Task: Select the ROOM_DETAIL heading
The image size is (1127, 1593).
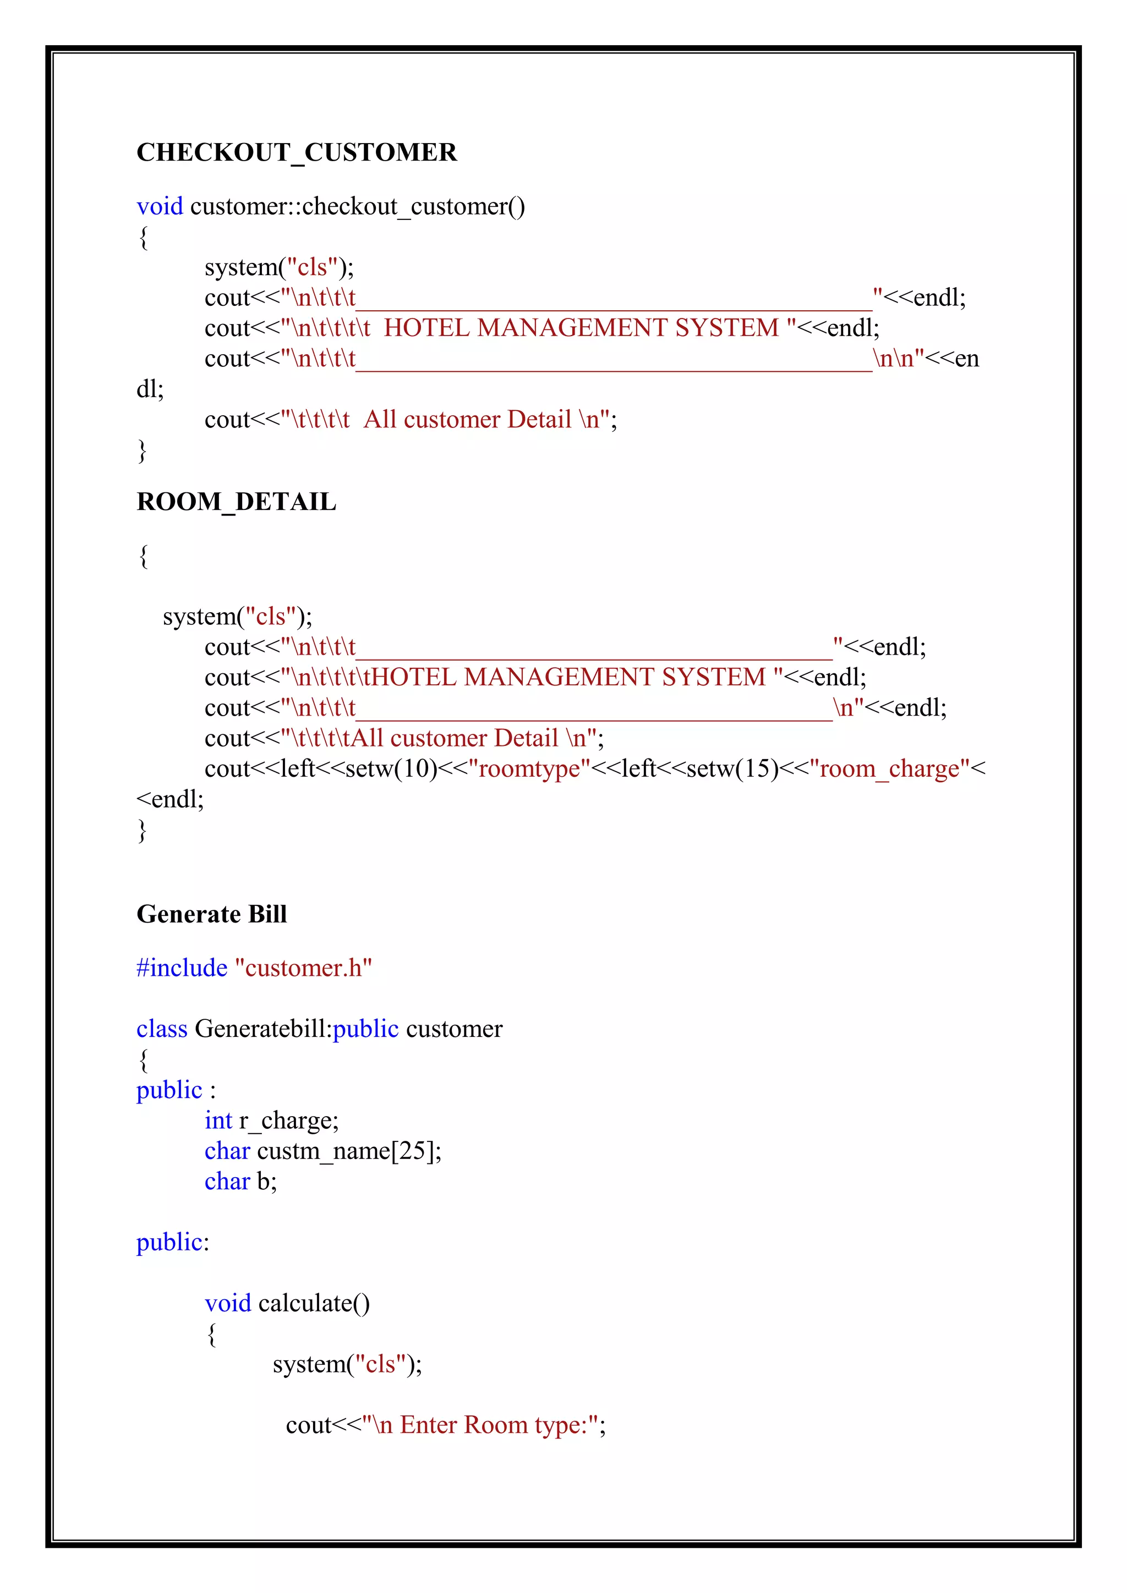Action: point(236,502)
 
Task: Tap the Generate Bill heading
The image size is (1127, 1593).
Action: point(212,914)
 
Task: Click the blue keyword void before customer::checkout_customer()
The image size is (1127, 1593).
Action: point(160,207)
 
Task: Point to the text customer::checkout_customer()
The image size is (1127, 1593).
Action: point(357,207)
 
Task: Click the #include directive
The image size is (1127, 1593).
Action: point(182,968)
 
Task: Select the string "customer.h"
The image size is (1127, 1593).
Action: point(303,968)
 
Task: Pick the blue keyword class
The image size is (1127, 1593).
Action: point(162,1029)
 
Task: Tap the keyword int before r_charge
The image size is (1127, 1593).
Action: point(218,1120)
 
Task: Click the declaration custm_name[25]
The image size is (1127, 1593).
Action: point(348,1151)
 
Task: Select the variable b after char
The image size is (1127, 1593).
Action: point(266,1182)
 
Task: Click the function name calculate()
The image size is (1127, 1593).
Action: point(314,1304)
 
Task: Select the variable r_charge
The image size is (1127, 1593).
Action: point(288,1120)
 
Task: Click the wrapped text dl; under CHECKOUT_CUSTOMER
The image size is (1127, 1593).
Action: point(150,389)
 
